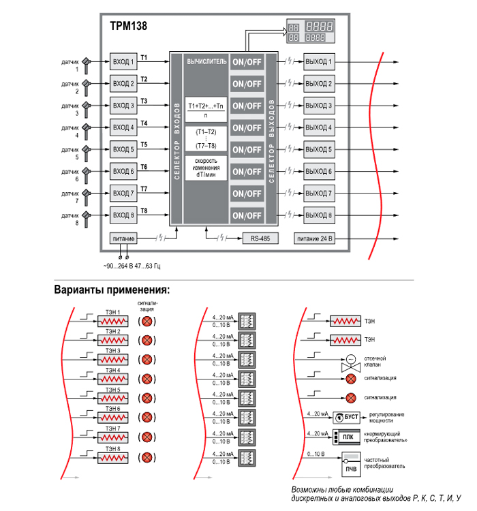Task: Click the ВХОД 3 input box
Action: [123, 106]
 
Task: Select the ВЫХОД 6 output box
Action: [319, 172]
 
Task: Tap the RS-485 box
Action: [260, 238]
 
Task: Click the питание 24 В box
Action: [314, 238]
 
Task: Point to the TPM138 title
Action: [129, 26]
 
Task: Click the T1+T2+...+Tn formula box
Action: [206, 110]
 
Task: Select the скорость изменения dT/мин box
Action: [206, 168]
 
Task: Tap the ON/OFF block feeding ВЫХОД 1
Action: [247, 62]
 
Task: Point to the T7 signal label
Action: [144, 189]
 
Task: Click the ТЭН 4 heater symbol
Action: [113, 379]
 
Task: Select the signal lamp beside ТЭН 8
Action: [147, 457]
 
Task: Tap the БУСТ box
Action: [346, 417]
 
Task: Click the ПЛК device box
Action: [346, 437]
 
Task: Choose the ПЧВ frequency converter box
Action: [351, 464]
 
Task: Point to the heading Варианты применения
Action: [112, 290]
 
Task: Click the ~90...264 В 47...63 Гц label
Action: [132, 266]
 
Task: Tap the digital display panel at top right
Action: [311, 31]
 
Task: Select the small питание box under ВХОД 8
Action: [123, 238]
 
